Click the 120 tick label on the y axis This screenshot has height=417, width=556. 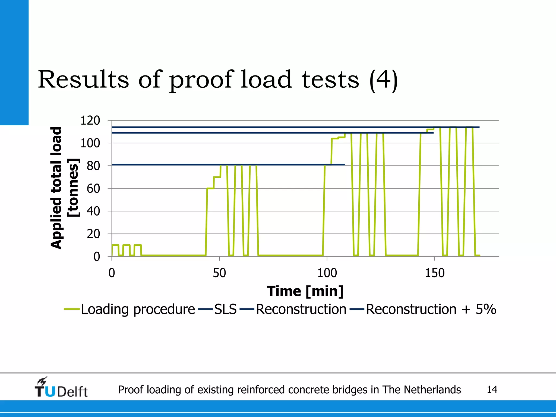[90, 121]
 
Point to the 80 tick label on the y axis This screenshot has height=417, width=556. [93, 166]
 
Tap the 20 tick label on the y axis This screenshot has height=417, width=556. [93, 234]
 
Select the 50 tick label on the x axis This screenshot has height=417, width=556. [219, 273]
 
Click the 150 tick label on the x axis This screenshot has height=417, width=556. [434, 273]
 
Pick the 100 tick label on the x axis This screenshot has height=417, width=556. [327, 273]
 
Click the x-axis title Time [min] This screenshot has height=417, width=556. [305, 291]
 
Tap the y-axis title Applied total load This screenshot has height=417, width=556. [56, 188]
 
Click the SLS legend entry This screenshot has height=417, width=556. [225, 309]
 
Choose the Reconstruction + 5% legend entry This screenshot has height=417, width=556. [431, 309]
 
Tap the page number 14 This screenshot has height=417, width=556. [492, 390]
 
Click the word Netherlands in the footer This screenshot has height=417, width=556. [432, 390]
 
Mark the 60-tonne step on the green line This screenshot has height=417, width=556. [210, 188]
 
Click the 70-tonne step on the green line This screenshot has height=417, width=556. [217, 177]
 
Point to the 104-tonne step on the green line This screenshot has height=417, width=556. [335, 138]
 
